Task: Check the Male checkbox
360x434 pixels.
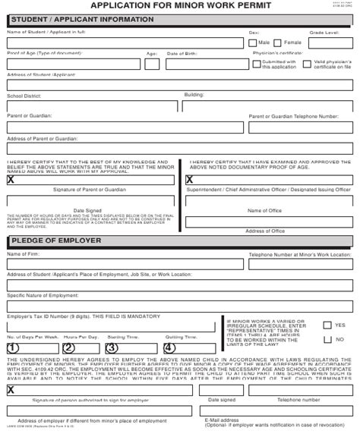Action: [242, 43]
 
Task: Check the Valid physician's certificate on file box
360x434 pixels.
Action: [307, 64]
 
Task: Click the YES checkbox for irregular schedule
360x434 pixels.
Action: [327, 325]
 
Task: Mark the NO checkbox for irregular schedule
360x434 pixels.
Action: [327, 338]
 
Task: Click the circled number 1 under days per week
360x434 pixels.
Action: [13, 348]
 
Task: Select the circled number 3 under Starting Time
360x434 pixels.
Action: [112, 348]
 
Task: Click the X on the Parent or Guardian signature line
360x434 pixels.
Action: [11, 180]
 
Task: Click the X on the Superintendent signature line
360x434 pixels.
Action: [189, 180]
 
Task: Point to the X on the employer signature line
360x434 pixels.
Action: [11, 390]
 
